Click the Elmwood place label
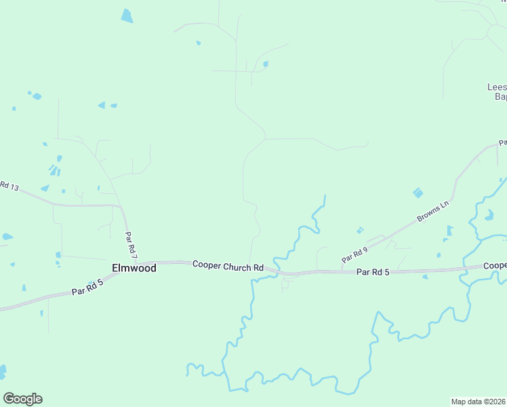134,268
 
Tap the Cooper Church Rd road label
228,267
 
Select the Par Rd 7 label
131,246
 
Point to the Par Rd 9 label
354,254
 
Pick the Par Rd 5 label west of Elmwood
87,288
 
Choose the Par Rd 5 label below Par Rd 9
373,272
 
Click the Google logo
22,399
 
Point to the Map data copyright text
479,401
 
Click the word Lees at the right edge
497,87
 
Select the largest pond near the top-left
127,16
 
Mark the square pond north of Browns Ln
418,193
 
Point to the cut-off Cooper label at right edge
494,266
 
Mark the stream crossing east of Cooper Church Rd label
273,267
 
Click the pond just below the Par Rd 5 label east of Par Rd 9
425,277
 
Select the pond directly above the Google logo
2,372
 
